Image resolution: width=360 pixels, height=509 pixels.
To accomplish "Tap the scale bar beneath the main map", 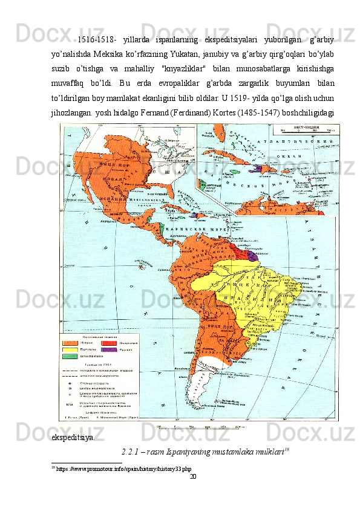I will pyautogui.click(x=200, y=426).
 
